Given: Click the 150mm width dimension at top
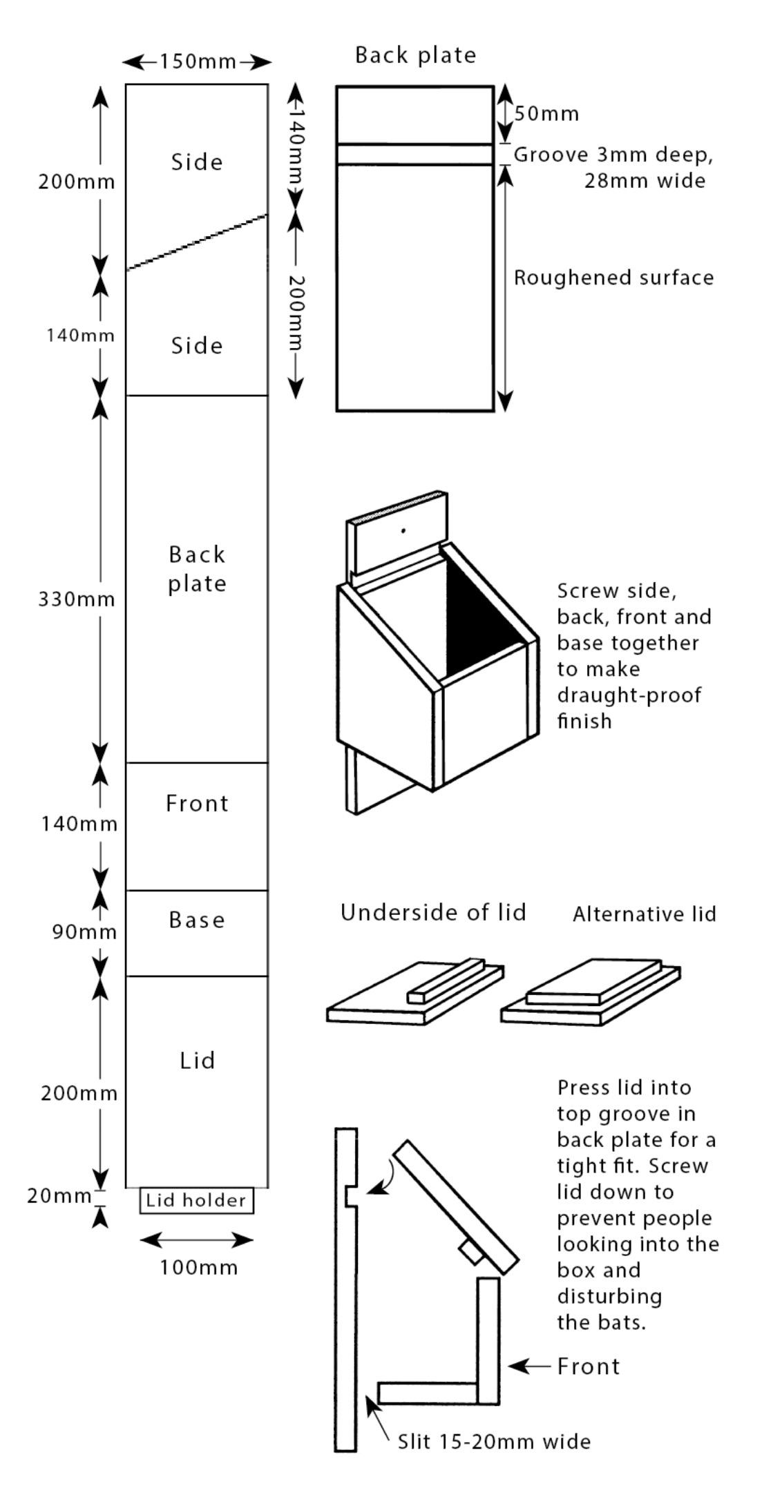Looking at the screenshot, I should click(x=198, y=62).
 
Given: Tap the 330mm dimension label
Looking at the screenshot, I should click(x=77, y=599).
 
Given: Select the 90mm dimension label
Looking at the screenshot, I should click(x=84, y=932).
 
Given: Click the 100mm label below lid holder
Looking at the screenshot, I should click(x=198, y=1267).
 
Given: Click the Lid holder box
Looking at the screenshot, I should click(x=196, y=1200).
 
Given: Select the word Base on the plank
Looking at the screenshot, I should click(x=197, y=920).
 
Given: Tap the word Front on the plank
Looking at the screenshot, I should click(x=197, y=803).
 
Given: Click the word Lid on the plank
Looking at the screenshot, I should click(x=198, y=1060).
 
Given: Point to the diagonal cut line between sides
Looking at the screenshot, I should click(x=197, y=242).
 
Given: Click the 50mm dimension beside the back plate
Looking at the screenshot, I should click(x=546, y=114).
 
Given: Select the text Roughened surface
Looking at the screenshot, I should click(x=613, y=278).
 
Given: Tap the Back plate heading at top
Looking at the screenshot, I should click(x=415, y=55).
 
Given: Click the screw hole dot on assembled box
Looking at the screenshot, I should click(x=403, y=530).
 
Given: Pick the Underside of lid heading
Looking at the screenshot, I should click(x=433, y=912).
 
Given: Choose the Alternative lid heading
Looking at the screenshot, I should click(x=644, y=914).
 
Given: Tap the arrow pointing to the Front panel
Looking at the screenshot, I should click(x=531, y=1366).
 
